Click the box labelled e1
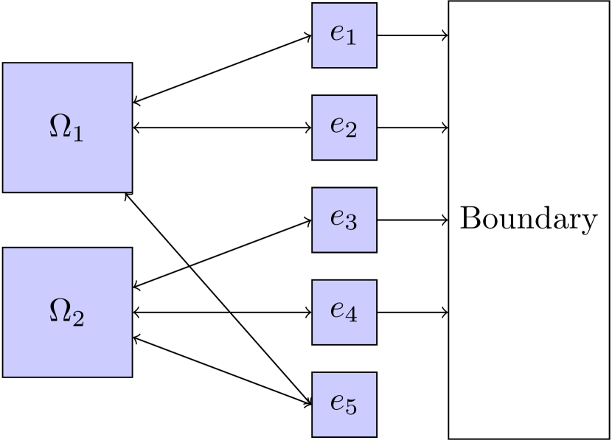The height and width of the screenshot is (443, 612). click(344, 35)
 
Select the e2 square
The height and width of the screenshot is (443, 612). click(344, 128)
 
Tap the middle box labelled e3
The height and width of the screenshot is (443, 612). click(344, 220)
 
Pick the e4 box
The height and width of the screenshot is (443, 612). click(344, 312)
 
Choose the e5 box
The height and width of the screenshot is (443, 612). click(344, 404)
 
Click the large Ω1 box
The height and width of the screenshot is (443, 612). click(67, 128)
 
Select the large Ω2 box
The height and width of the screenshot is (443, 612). click(67, 312)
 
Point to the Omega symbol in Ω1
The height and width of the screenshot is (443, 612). click(60, 126)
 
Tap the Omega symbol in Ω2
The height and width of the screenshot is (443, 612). click(60, 310)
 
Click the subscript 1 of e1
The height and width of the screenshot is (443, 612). click(351, 39)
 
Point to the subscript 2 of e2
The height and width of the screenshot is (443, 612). click(351, 131)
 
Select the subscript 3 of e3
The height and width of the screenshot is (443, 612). click(351, 223)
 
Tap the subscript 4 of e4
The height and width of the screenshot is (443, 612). click(351, 315)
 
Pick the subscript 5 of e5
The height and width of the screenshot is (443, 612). click(351, 408)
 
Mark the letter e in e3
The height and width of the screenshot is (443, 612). click(338, 218)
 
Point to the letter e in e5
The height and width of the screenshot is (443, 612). click(338, 402)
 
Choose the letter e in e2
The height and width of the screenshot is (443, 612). click(338, 126)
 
